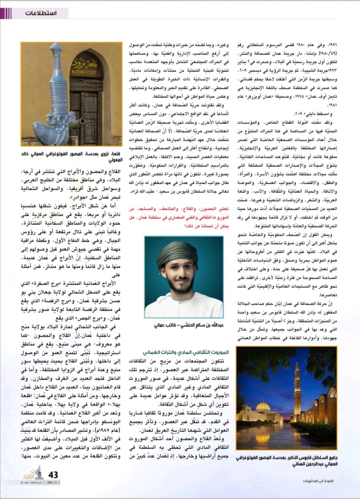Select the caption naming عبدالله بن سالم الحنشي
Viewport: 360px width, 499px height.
183,325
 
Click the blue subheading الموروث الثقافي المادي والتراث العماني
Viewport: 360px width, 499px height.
182,352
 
